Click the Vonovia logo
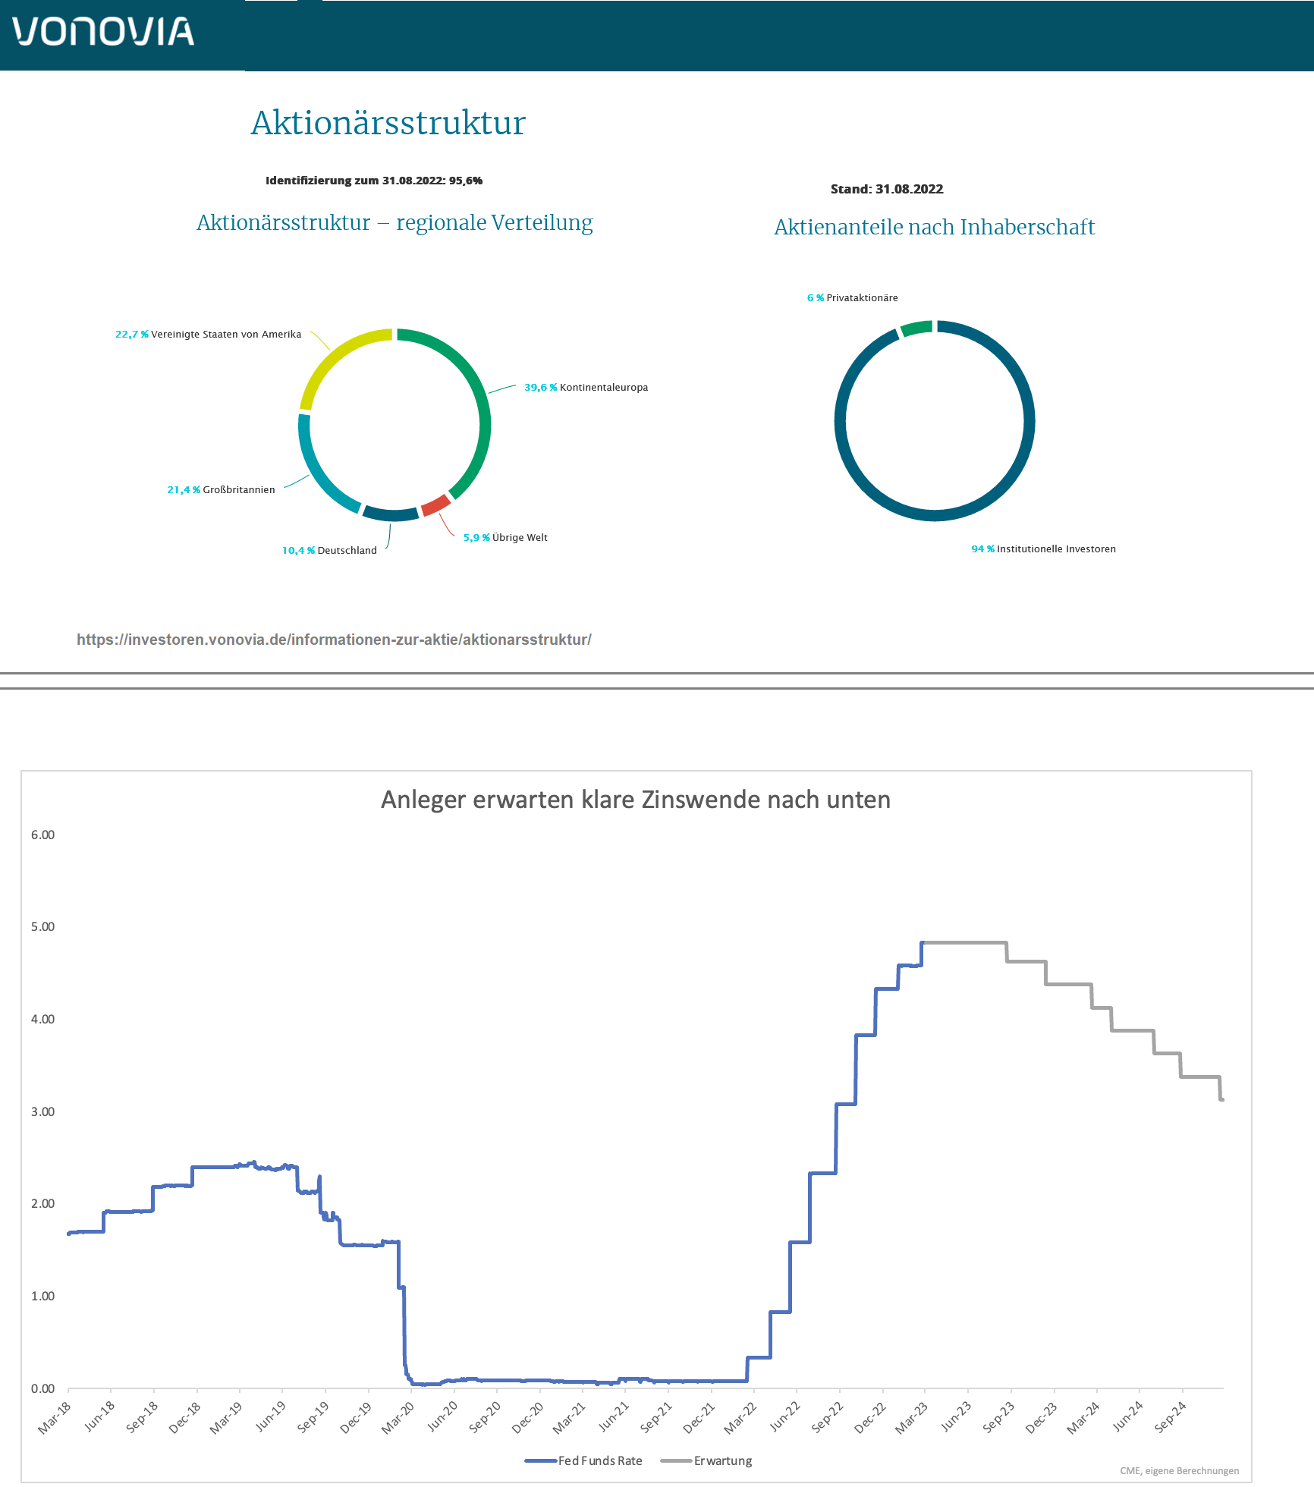[x=103, y=32]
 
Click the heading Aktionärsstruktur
[x=388, y=123]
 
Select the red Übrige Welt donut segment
[x=435, y=505]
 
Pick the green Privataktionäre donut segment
[x=916, y=329]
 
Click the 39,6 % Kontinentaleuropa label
[x=586, y=388]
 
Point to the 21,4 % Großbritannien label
[x=221, y=490]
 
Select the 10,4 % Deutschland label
[x=329, y=551]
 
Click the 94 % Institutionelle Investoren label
[x=1043, y=549]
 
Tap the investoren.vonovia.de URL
[x=334, y=640]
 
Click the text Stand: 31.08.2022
[x=886, y=190]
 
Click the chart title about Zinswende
[x=635, y=800]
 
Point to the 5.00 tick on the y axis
[x=42, y=927]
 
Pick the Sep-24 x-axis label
[x=1171, y=1417]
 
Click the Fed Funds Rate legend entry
[x=583, y=1461]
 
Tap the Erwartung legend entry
[x=707, y=1461]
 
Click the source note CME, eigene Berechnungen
[x=1179, y=1471]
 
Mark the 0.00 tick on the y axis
[x=42, y=1389]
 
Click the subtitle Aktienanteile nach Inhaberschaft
[x=934, y=227]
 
